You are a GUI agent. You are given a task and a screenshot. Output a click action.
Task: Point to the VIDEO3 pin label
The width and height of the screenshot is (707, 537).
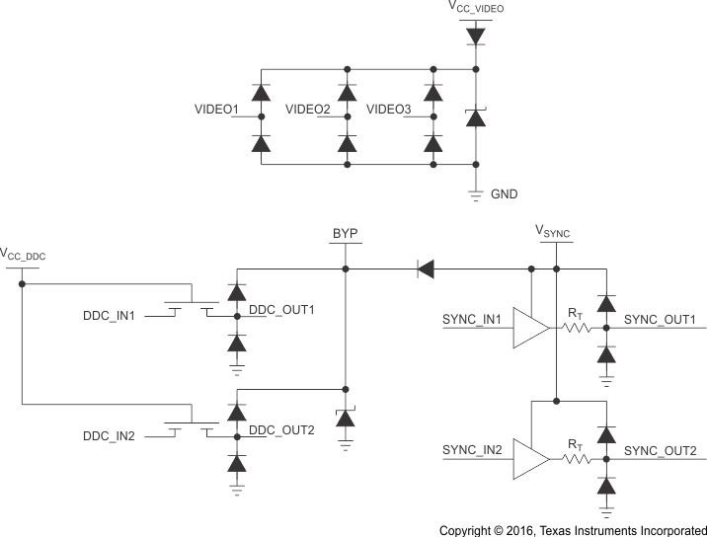pyautogui.click(x=388, y=109)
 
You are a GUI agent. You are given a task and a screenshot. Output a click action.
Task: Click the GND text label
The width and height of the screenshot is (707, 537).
pyautogui.click(x=504, y=194)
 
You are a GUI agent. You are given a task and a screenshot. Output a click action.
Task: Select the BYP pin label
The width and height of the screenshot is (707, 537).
pyautogui.click(x=345, y=234)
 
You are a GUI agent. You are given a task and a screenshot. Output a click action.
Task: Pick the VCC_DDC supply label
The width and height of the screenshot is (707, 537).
pyautogui.click(x=24, y=256)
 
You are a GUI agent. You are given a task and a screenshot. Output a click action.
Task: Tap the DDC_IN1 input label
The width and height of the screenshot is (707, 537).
pyautogui.click(x=115, y=316)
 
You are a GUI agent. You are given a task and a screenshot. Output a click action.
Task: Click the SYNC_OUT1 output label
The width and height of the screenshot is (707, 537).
pyautogui.click(x=661, y=321)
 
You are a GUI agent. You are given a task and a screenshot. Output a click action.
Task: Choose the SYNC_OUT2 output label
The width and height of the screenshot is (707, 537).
pyautogui.click(x=661, y=451)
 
